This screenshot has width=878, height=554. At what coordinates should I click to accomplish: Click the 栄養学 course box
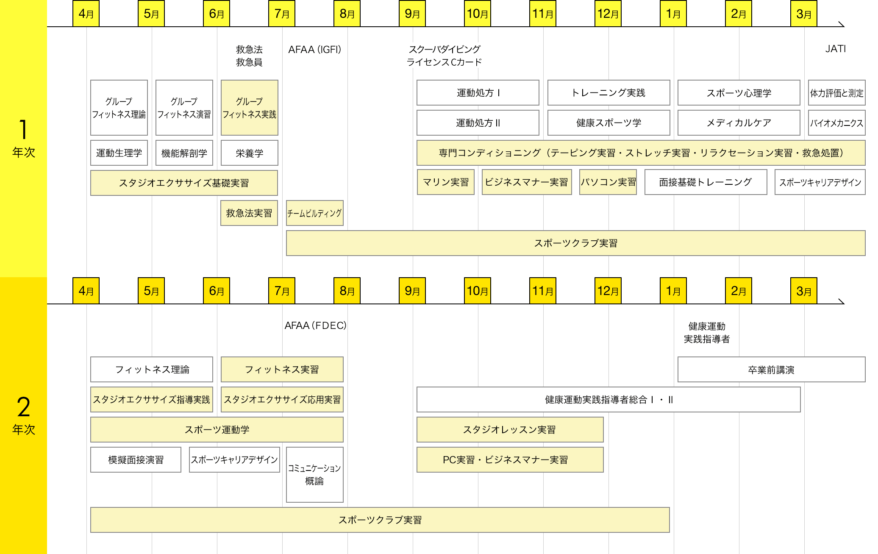tap(249, 153)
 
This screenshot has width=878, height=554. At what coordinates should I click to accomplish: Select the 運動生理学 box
tap(119, 153)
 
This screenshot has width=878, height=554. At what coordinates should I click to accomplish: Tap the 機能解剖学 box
tap(184, 153)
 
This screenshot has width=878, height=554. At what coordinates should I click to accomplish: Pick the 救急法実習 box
tap(249, 213)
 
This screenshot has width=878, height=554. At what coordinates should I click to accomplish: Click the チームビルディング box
tap(314, 213)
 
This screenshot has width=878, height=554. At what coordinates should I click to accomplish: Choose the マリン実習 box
tap(446, 182)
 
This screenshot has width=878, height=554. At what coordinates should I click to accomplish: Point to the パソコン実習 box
tap(608, 182)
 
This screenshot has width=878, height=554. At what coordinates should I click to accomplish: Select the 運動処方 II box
tap(478, 123)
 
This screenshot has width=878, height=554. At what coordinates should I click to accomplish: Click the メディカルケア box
tap(739, 123)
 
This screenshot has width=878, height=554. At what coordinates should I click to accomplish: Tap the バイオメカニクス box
tap(836, 123)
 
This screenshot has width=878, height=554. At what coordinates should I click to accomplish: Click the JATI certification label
tap(835, 49)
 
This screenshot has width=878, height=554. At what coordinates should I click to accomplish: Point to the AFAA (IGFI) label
tap(314, 50)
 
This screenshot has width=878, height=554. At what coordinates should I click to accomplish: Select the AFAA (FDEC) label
tap(315, 326)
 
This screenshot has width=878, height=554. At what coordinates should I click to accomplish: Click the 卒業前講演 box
tap(771, 370)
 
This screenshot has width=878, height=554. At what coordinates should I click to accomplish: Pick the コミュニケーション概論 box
tap(314, 475)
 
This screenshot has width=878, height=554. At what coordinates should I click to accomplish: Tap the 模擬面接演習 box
tap(136, 460)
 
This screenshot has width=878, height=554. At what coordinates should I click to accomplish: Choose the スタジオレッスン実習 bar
tap(510, 430)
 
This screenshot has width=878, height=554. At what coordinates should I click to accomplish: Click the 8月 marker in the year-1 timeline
tap(347, 14)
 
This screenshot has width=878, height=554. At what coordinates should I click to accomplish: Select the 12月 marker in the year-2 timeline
tap(608, 291)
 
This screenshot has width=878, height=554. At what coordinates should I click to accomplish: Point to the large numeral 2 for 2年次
tap(24, 407)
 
